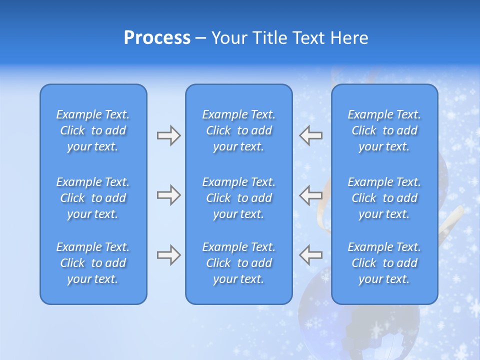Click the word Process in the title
point(157,38)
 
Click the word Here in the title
point(347,38)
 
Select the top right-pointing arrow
point(168,135)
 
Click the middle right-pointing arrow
point(168,195)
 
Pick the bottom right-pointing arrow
point(168,255)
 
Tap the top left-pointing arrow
point(310,135)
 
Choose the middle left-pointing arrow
point(310,195)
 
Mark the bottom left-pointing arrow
point(310,255)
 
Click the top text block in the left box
point(93,130)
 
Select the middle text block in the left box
point(93,198)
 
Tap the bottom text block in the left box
point(93,263)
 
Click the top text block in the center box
point(238,130)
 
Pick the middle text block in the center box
point(238,198)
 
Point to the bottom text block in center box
point(238,263)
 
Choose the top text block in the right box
point(384,130)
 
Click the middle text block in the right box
point(384,198)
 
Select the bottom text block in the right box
point(384,263)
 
